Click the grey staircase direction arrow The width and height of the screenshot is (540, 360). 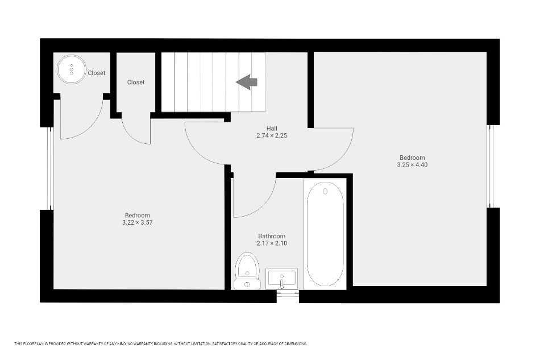[247, 82]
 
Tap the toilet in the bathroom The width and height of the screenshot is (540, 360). [247, 271]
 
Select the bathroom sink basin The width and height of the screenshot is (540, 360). [282, 278]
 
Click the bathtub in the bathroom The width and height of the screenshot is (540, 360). [325, 234]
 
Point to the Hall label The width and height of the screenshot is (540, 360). [272, 129]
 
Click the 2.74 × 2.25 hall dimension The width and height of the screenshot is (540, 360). [272, 136]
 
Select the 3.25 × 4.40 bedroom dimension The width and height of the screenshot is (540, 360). [412, 165]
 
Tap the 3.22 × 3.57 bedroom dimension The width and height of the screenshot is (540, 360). [138, 222]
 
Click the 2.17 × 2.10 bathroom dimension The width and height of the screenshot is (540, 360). [272, 243]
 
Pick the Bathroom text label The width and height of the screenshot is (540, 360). [272, 237]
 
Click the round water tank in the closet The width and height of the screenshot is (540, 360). [72, 69]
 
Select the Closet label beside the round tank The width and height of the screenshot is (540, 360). [97, 73]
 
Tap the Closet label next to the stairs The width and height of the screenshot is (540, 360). [136, 82]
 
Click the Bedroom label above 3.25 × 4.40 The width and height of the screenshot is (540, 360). [412, 158]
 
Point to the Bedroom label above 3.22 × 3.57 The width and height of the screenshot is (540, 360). [138, 216]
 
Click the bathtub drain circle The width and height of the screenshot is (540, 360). [325, 191]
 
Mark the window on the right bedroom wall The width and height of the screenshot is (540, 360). [491, 167]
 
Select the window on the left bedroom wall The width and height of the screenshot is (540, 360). [50, 168]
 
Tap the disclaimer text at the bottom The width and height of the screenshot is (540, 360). [160, 344]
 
